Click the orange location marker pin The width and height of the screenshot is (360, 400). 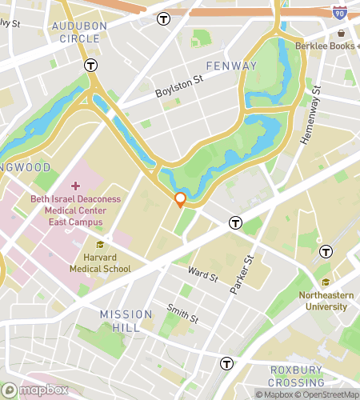pyautogui.click(x=181, y=199)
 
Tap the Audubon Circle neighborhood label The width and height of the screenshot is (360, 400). pyautogui.click(x=78, y=32)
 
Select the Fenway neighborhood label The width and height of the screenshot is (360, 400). pyautogui.click(x=231, y=65)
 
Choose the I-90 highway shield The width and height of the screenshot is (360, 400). pyautogui.click(x=339, y=14)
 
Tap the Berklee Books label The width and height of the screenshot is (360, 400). pyautogui.click(x=325, y=46)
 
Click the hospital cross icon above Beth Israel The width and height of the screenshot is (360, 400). pyautogui.click(x=76, y=186)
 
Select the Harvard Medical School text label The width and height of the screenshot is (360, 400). pyautogui.click(x=106, y=263)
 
